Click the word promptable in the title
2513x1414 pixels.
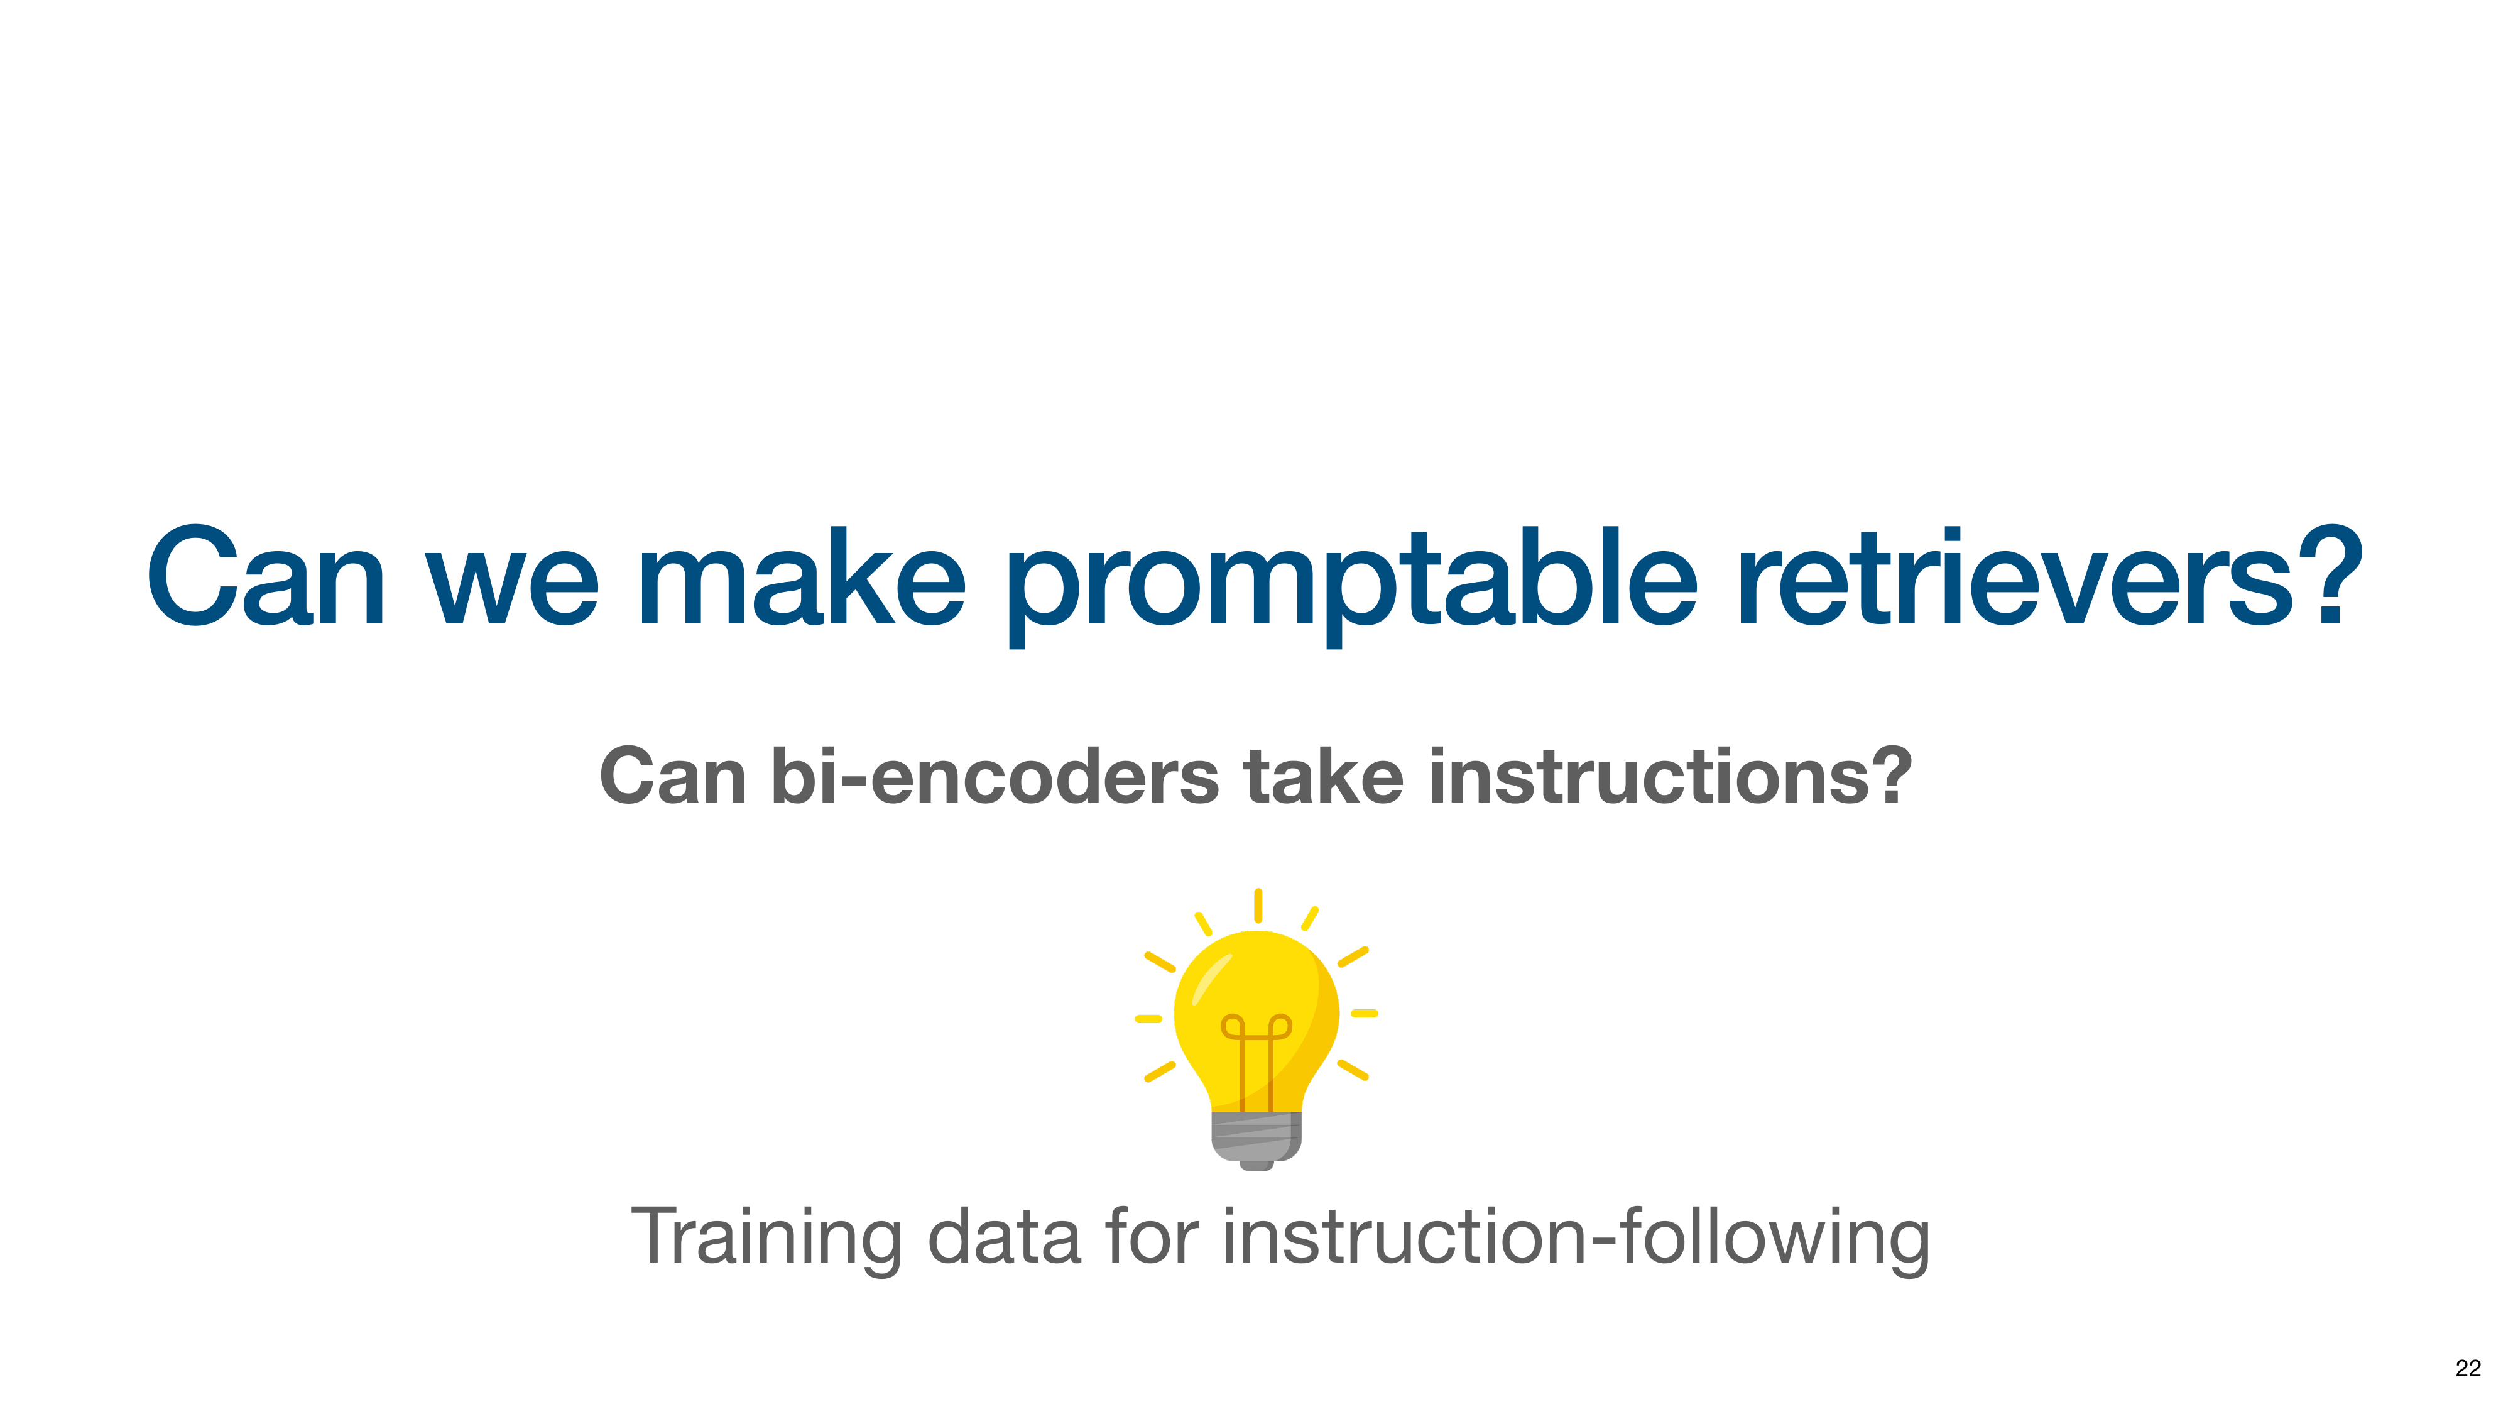click(x=1352, y=584)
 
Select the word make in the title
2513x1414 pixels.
click(x=802, y=577)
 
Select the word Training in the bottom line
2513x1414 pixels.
click(x=766, y=1238)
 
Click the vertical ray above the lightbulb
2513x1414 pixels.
click(x=1258, y=906)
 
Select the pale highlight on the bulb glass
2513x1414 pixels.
click(x=1211, y=978)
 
